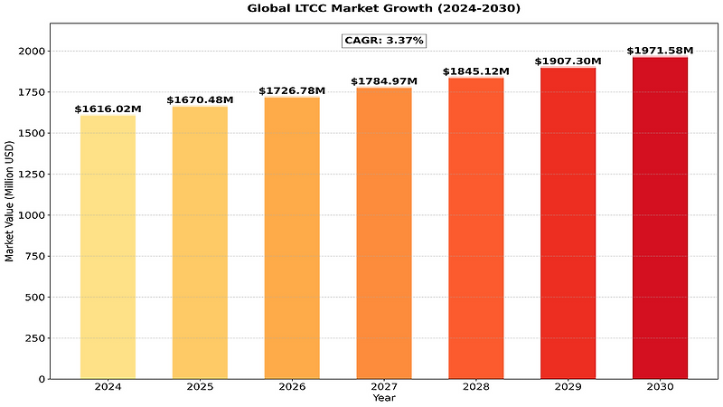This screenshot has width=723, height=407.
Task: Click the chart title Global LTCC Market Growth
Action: click(x=384, y=8)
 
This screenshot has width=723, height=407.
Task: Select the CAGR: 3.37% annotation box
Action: click(x=384, y=41)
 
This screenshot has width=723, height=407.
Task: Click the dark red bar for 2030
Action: click(x=660, y=218)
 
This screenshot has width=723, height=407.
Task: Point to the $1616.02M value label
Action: click(x=108, y=109)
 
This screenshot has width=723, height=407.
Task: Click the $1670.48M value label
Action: click(x=200, y=100)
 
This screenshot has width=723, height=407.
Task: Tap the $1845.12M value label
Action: click(x=475, y=71)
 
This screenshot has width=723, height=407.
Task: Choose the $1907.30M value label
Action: click(x=568, y=62)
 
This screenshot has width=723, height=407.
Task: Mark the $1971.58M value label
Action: click(x=660, y=51)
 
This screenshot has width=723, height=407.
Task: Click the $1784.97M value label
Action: click(x=384, y=81)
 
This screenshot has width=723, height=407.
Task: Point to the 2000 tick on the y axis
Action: click(x=35, y=52)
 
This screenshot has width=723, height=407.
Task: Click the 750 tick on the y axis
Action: click(x=39, y=257)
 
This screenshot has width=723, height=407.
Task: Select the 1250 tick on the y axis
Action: click(x=35, y=175)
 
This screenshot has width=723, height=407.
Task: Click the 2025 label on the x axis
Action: click(x=200, y=387)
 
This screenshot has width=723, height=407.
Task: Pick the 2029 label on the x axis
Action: click(x=568, y=387)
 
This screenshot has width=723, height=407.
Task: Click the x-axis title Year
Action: click(x=384, y=398)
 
